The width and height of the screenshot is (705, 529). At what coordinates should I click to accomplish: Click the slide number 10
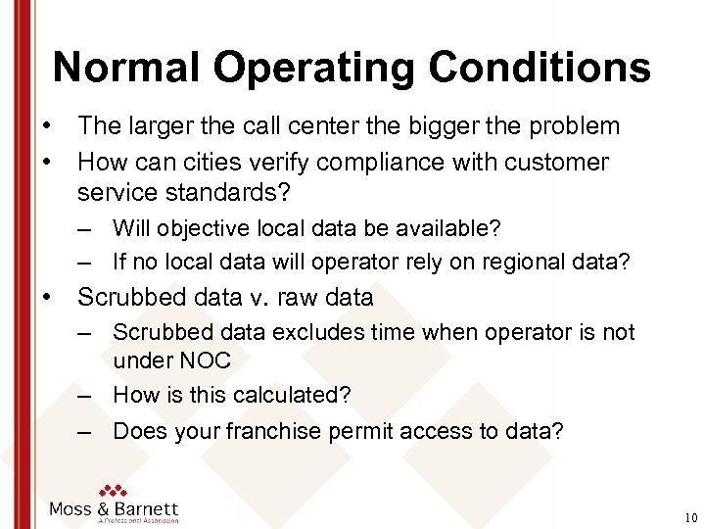coord(691,517)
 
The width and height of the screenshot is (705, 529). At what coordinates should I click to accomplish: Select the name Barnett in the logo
coord(146,509)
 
